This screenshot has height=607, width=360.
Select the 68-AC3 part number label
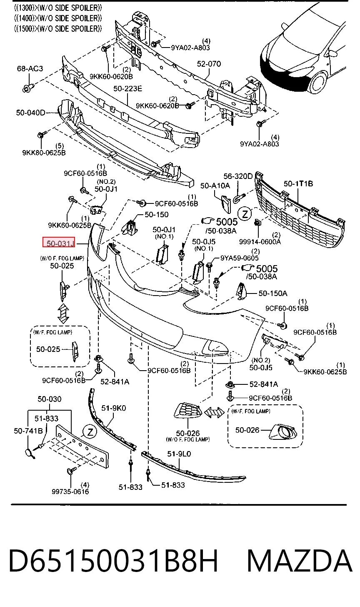[30, 68]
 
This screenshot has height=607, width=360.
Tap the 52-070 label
[209, 64]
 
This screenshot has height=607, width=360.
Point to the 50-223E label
[127, 89]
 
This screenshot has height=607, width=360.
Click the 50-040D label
[30, 113]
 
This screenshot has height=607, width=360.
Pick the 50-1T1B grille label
[298, 184]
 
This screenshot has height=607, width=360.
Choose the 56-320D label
[238, 176]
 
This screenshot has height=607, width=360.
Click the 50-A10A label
[215, 186]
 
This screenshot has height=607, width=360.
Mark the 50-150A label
[273, 293]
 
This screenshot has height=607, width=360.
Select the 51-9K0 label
[113, 408]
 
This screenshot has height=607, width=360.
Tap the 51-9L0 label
[179, 454]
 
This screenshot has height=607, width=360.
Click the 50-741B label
[28, 431]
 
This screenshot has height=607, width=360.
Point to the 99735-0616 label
[70, 491]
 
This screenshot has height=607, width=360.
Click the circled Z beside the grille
[245, 214]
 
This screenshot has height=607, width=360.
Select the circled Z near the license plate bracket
[90, 431]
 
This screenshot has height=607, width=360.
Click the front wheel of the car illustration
[319, 83]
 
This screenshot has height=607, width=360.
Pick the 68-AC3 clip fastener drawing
[28, 88]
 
